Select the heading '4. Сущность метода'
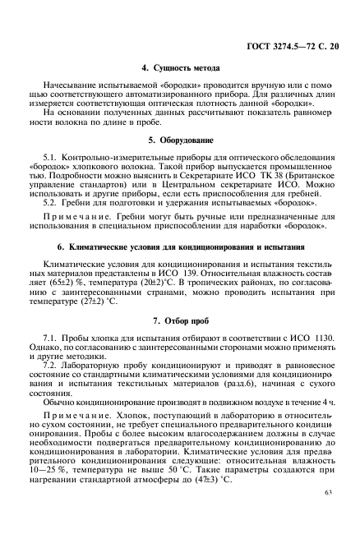pyautogui.click(x=180, y=69)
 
